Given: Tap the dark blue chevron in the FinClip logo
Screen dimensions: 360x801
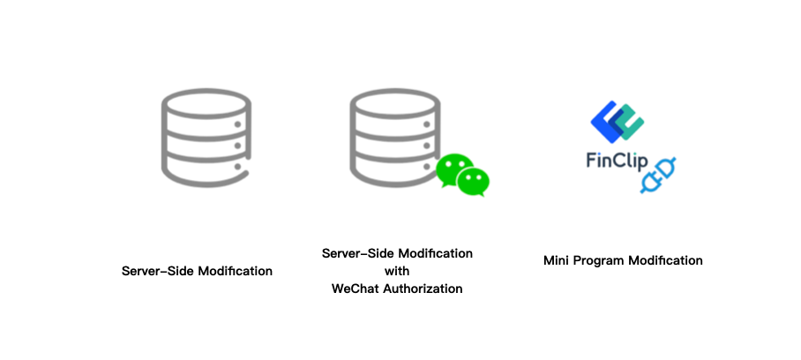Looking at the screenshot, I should coord(604,119).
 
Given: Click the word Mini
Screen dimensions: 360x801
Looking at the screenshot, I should coord(556,260).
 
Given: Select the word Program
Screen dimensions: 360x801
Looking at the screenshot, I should coord(599,261).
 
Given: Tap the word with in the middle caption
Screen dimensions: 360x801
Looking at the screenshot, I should coord(397,271).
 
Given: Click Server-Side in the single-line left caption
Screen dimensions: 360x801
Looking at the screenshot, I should coord(155,271).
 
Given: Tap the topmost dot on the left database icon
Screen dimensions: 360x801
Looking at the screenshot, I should coord(236,124).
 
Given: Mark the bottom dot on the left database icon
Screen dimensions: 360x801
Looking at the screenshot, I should coord(236,162).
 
